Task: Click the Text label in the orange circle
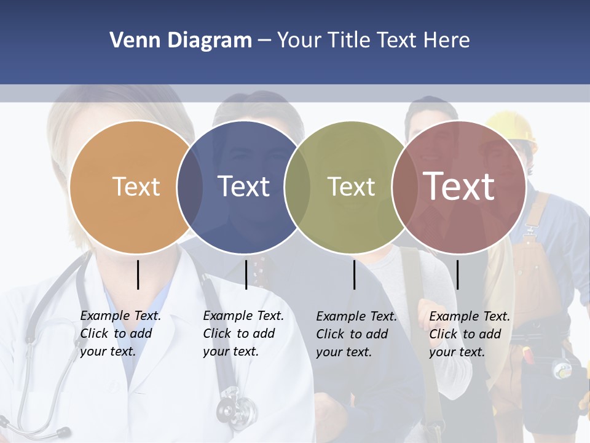click(x=136, y=186)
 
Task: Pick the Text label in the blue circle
click(x=243, y=186)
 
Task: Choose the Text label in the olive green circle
click(x=351, y=186)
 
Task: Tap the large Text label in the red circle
click(x=459, y=186)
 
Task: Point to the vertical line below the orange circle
click(x=138, y=274)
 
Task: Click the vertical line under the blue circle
click(x=246, y=274)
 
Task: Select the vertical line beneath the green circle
click(x=355, y=274)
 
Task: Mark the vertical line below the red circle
click(x=457, y=274)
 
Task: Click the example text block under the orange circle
click(x=120, y=333)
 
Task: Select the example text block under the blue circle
click(x=243, y=333)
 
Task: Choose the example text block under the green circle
click(x=356, y=334)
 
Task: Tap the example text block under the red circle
click(x=470, y=334)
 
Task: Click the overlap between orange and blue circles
click(x=190, y=186)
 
